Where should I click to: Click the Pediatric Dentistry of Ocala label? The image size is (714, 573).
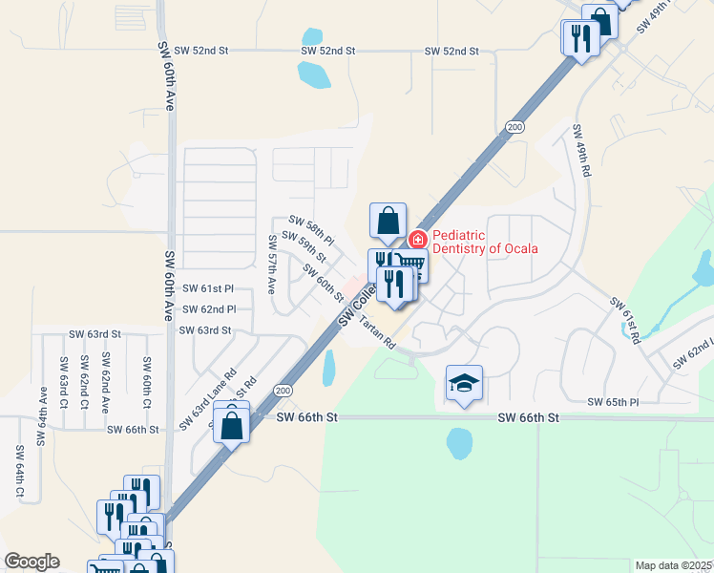tap(485, 242)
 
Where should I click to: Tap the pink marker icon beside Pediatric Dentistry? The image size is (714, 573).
tap(417, 239)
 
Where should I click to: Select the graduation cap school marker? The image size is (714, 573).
tap(464, 383)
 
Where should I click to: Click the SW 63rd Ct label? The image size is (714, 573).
tap(63, 378)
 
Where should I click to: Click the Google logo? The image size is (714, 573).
tap(31, 562)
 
